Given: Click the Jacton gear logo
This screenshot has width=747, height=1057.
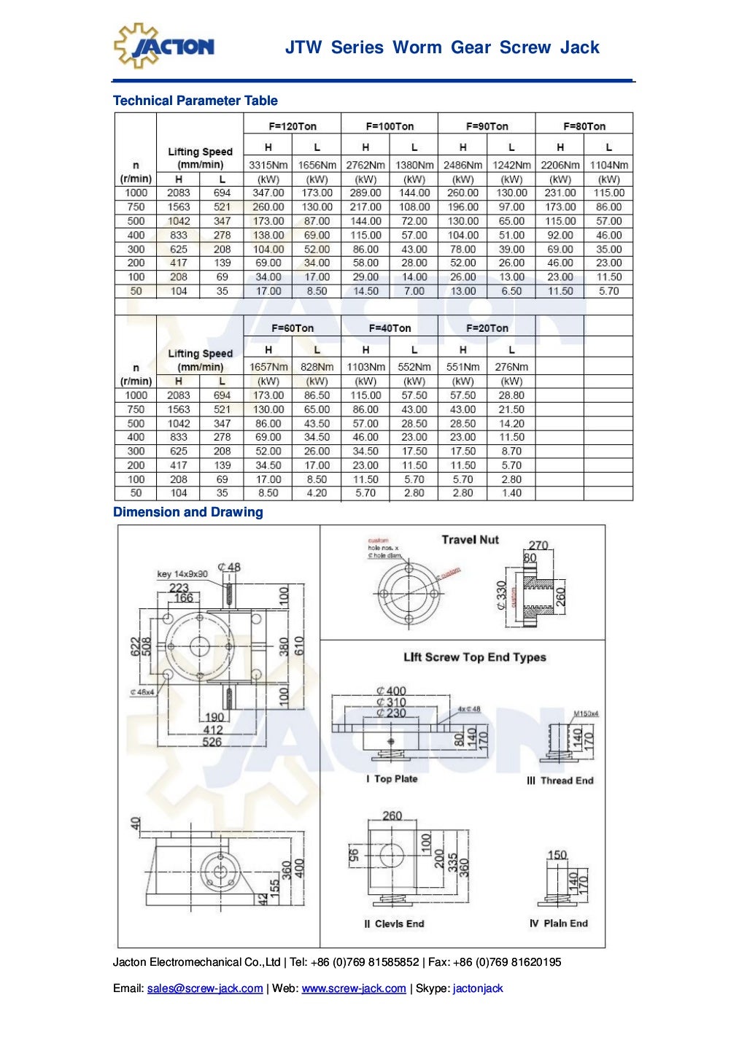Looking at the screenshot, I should click(x=163, y=46).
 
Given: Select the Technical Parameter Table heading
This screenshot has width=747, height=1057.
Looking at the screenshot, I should click(x=195, y=101).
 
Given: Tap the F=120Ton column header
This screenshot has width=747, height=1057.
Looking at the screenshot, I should click(x=293, y=126).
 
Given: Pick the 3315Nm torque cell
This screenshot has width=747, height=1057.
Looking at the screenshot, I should click(x=268, y=165).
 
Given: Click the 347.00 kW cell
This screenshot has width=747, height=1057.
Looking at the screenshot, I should click(x=268, y=193).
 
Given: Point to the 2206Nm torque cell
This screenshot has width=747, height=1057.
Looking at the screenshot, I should click(x=560, y=165).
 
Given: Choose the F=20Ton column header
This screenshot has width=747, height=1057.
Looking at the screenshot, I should click(x=487, y=328).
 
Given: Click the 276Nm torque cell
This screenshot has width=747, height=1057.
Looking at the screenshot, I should click(x=511, y=367).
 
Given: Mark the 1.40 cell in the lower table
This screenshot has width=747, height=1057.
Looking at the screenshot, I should click(x=511, y=493).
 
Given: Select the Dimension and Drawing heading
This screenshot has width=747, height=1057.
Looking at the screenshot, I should click(x=187, y=512).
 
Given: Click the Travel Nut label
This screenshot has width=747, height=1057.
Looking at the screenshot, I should click(x=470, y=540).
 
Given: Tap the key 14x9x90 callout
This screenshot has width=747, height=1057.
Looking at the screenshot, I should click(x=182, y=574).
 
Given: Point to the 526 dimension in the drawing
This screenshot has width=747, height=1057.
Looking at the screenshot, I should click(x=212, y=742).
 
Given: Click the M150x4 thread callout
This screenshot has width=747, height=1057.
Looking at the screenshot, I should click(x=586, y=713).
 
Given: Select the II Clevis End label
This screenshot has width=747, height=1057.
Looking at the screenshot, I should click(x=394, y=924).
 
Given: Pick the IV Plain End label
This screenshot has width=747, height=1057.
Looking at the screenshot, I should click(x=558, y=923).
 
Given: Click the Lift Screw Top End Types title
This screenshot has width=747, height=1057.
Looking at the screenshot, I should click(x=474, y=657).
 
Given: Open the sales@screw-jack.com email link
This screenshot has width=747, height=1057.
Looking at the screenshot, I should click(x=205, y=988).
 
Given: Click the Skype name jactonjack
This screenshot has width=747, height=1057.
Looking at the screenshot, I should click(x=478, y=988).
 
